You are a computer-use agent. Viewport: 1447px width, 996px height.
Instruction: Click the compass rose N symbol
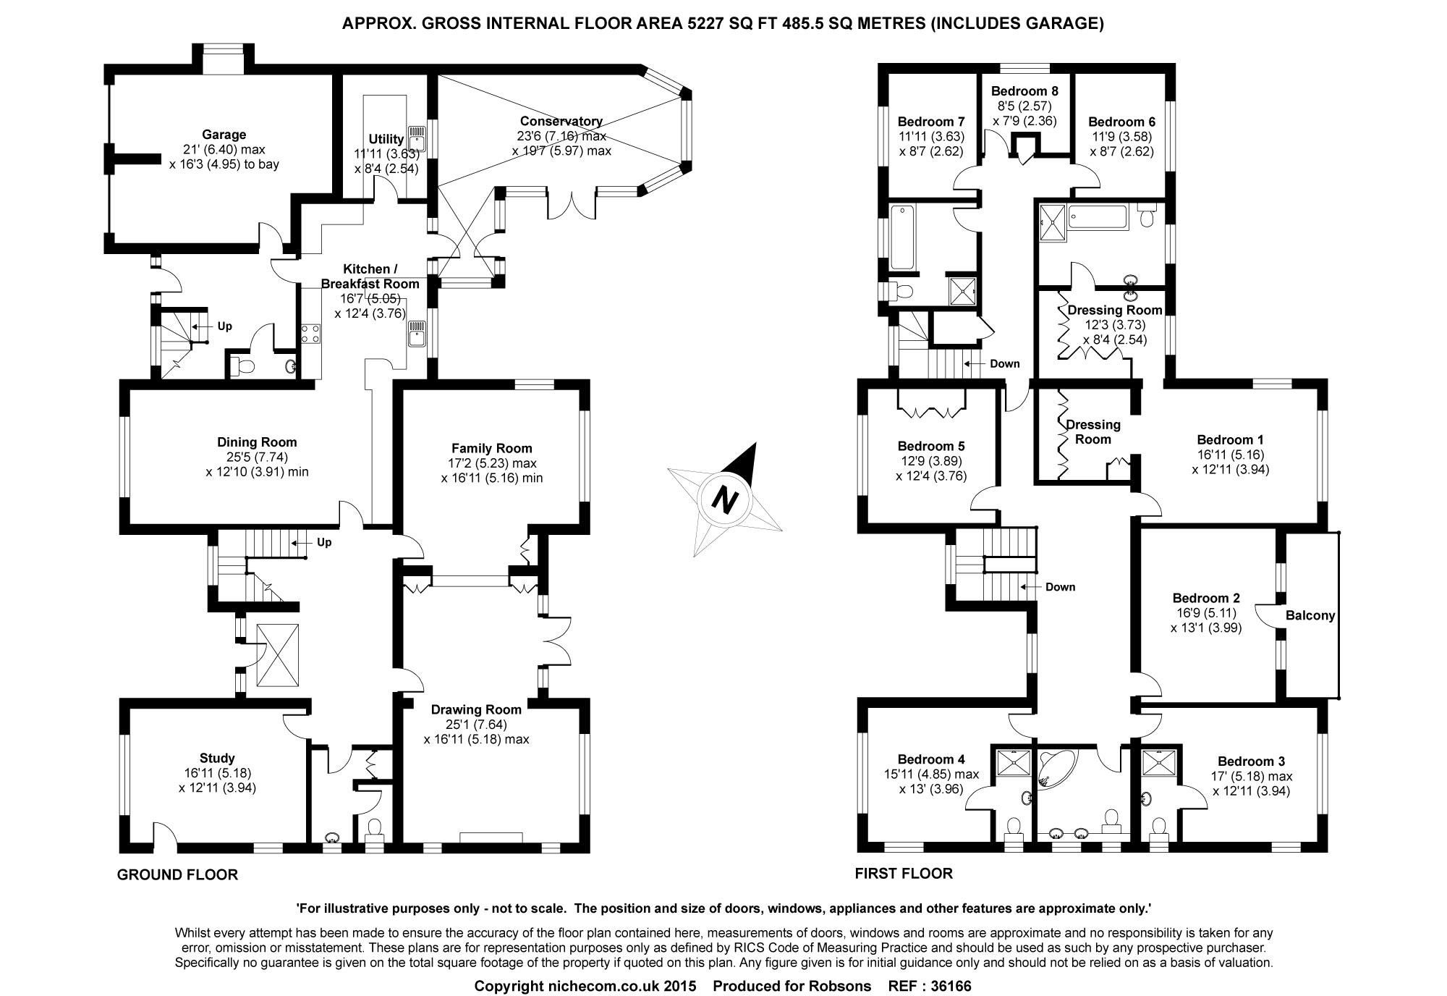pyautogui.click(x=724, y=499)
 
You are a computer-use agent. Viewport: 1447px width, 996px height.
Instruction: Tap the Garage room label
pyautogui.click(x=224, y=135)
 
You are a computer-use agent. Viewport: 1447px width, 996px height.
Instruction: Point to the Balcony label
pyautogui.click(x=1310, y=616)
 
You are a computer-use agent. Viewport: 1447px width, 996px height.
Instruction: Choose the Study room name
pyautogui.click(x=217, y=758)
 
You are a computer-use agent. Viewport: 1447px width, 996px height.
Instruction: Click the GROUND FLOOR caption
pyautogui.click(x=177, y=875)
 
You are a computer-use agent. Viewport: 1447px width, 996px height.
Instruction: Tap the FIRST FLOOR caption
pyautogui.click(x=904, y=874)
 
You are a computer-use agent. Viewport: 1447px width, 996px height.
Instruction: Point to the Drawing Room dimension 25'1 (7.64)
pyautogui.click(x=475, y=725)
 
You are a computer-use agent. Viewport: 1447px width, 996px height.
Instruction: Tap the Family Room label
pyautogui.click(x=492, y=448)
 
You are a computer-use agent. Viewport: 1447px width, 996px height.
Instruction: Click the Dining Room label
pyautogui.click(x=257, y=442)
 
